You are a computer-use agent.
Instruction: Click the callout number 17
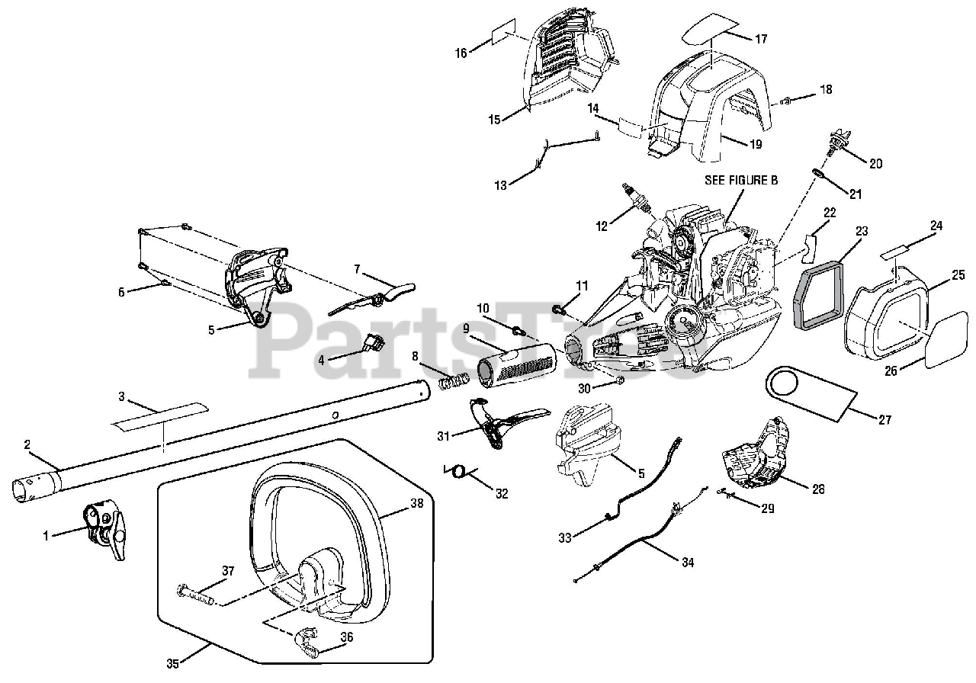pyautogui.click(x=761, y=39)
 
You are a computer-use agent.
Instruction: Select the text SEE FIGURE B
pyautogui.click(x=741, y=180)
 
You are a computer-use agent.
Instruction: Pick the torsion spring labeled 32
pyautogui.click(x=457, y=471)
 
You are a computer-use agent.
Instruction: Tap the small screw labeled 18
pyautogui.click(x=785, y=102)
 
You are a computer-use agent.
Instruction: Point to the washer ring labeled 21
pyautogui.click(x=817, y=174)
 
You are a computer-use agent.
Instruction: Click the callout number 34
pyautogui.click(x=688, y=563)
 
